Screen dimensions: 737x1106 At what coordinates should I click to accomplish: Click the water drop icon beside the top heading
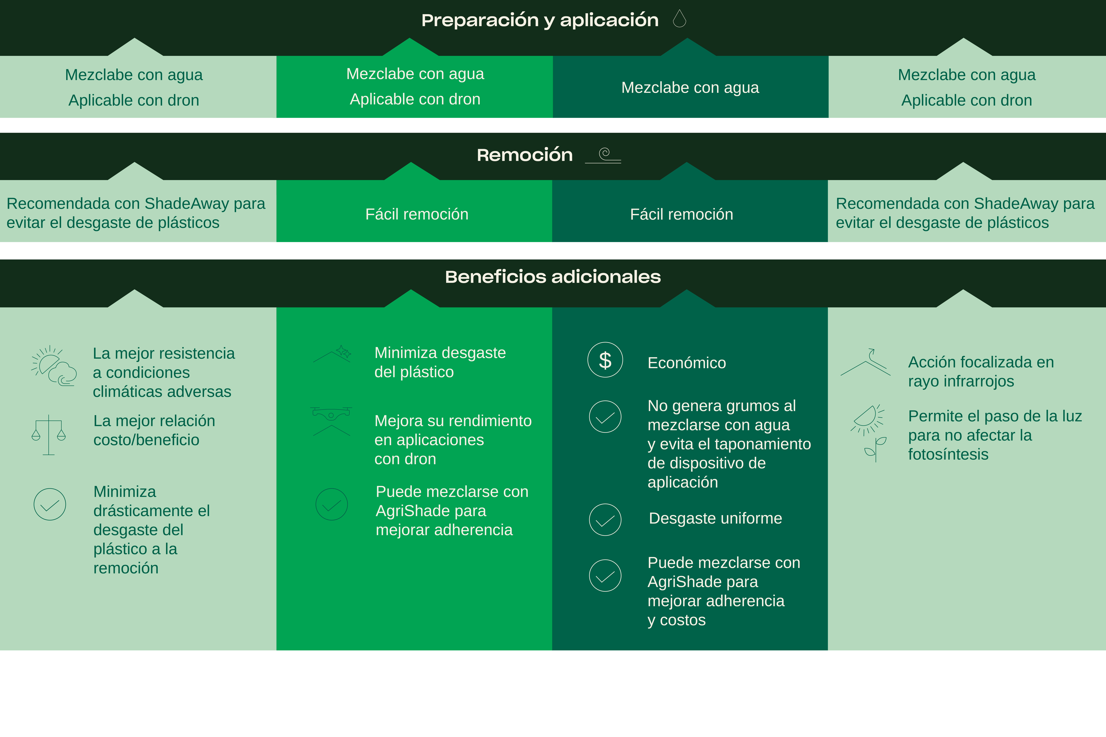pos(679,19)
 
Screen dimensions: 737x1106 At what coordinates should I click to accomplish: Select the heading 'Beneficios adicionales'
pos(552,277)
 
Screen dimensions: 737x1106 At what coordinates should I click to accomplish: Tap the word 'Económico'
pos(687,363)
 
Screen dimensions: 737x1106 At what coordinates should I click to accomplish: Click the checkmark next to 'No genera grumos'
pos(605,416)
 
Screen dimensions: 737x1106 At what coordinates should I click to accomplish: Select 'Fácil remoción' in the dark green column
pos(681,214)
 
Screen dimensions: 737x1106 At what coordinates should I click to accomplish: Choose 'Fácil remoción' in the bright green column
pos(417,214)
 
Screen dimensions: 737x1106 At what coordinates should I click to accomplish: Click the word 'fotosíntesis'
pos(948,455)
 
